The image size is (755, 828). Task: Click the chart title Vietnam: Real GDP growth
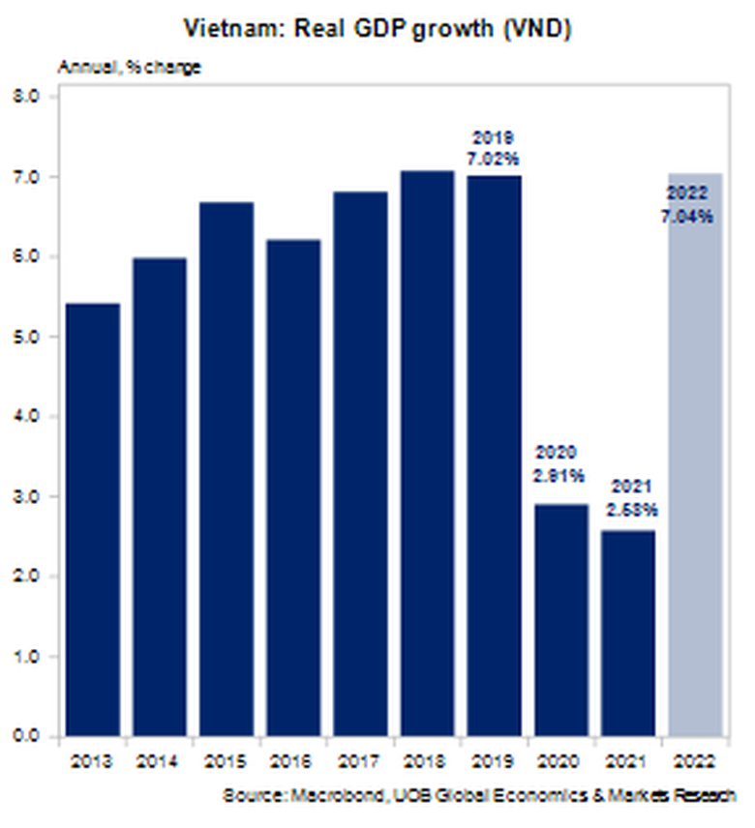pos(377,30)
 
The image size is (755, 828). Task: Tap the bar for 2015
pos(226,469)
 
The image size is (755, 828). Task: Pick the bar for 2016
pos(293,488)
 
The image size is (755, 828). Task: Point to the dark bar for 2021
pos(627,633)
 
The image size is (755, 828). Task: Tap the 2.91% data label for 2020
pos(559,475)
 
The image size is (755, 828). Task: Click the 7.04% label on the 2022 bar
pos(687,218)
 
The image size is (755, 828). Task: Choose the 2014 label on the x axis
pos(160,761)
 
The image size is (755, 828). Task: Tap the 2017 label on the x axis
pos(360,761)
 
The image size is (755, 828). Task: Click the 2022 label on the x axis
pos(693,761)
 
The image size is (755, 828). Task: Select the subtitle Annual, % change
pos(130,68)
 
